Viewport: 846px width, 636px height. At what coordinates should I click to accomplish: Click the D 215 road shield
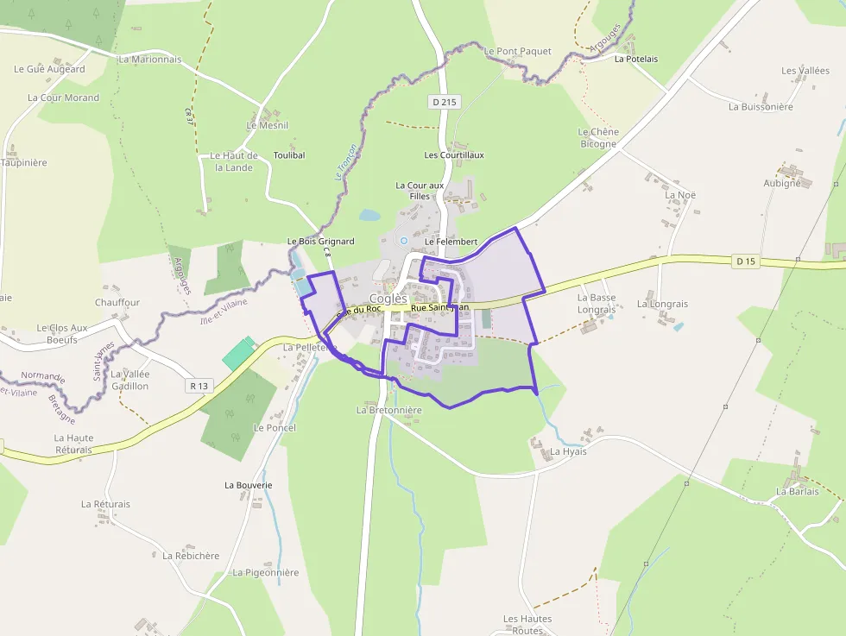[445, 102]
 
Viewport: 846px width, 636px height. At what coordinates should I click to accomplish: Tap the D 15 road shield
[746, 261]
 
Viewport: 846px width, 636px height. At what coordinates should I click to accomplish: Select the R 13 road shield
[200, 386]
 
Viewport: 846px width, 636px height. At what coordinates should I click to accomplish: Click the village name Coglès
[388, 299]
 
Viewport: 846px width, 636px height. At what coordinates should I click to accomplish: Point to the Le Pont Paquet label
[517, 52]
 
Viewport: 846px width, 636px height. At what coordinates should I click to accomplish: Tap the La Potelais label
[636, 59]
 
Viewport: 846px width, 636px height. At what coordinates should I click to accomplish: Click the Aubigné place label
[783, 183]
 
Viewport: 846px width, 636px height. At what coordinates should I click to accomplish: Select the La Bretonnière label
[388, 410]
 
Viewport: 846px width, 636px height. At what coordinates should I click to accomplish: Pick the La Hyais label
[568, 451]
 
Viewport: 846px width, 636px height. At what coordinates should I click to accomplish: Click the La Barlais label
[797, 492]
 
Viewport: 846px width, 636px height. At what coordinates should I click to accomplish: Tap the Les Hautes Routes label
[527, 624]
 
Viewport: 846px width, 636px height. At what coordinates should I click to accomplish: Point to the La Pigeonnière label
[265, 572]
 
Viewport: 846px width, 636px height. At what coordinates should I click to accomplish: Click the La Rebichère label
[191, 556]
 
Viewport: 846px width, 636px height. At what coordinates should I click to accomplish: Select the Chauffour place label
[117, 303]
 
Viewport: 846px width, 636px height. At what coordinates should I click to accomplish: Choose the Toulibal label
[289, 155]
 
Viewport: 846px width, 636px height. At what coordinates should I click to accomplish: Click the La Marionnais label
[150, 60]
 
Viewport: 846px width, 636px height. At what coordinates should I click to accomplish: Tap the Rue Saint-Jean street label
[439, 308]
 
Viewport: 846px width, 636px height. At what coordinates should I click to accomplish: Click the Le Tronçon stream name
[345, 162]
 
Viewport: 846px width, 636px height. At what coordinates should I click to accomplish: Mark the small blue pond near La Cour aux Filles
[369, 215]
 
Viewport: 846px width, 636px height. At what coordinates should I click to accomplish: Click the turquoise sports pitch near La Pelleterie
[238, 354]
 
